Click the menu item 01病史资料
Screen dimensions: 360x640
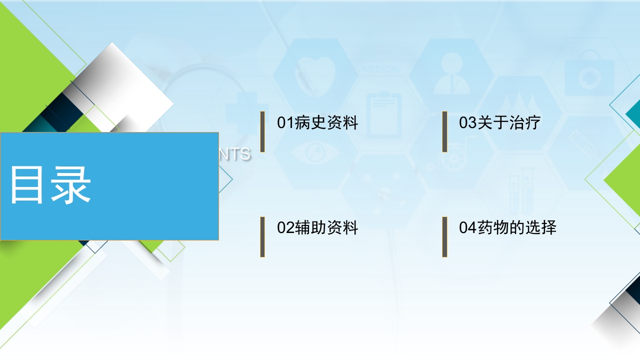click(x=317, y=123)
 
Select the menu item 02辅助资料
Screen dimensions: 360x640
click(x=317, y=228)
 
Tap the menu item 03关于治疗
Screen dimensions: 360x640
click(x=499, y=123)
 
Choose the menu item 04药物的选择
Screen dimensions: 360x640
click(x=507, y=228)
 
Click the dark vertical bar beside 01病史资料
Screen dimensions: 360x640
click(x=262, y=131)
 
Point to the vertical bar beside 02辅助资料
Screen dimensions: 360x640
click(x=262, y=237)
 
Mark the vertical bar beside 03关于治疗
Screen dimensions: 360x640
click(x=444, y=131)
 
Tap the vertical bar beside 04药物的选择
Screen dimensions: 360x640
click(x=444, y=237)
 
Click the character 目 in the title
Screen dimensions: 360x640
click(x=28, y=185)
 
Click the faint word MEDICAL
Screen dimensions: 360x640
click(x=381, y=69)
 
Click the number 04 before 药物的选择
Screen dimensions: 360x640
click(x=467, y=228)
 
